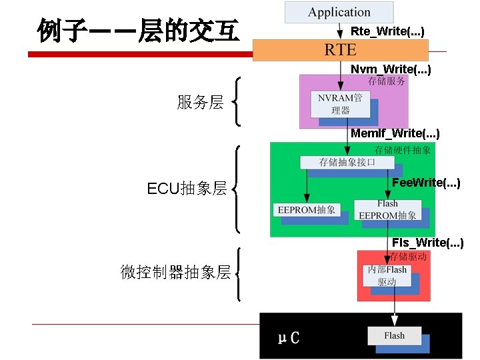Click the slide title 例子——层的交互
tap(138, 30)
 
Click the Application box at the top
tap(339, 12)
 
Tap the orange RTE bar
tap(340, 50)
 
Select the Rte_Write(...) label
tap(387, 31)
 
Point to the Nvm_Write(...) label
tap(391, 69)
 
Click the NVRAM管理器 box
tap(340, 104)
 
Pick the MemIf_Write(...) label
tap(395, 133)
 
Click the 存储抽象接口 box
tap(347, 162)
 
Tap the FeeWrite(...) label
tap(426, 182)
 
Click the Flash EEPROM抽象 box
tap(387, 210)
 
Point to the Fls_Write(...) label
tap(427, 242)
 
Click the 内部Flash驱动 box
tap(387, 275)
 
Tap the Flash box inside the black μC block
tap(394, 335)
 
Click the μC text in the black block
tap(289, 337)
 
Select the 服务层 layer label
tap(200, 102)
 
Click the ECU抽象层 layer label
tap(187, 189)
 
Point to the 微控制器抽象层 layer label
tap(175, 272)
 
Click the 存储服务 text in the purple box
tap(387, 81)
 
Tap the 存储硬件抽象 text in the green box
tap(403, 150)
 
